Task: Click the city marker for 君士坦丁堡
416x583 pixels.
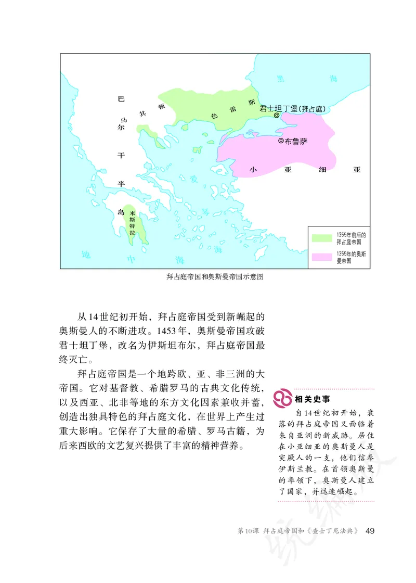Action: click(276, 115)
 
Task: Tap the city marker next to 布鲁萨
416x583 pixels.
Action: click(281, 141)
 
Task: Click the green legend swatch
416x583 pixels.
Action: click(322, 237)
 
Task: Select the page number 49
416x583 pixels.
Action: click(370, 530)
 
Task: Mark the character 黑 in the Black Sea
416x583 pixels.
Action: click(280, 79)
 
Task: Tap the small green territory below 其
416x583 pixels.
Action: click(148, 131)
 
